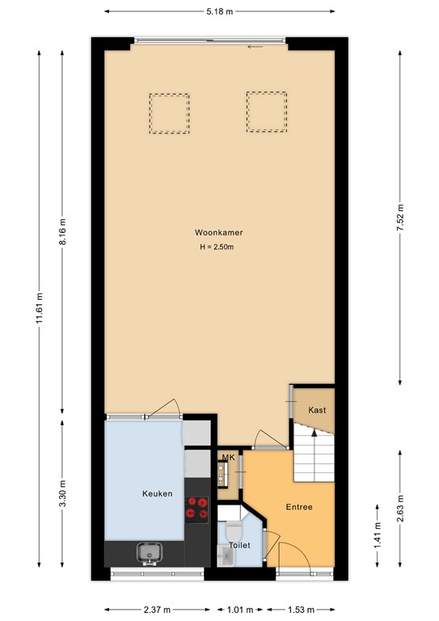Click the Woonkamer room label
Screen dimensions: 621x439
tap(218, 232)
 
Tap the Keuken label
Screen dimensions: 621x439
tap(157, 493)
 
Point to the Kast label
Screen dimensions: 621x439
tap(317, 410)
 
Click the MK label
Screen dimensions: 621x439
tap(228, 458)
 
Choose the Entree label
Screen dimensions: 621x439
tap(299, 507)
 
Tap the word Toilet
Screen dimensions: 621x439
tap(239, 545)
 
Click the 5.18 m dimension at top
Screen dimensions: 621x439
tap(219, 12)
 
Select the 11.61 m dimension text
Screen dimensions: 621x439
tap(37, 307)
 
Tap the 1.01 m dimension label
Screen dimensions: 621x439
tap(240, 610)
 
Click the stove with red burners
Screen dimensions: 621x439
tap(197, 507)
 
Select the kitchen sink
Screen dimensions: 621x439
tap(149, 552)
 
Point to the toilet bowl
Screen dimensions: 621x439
tap(234, 532)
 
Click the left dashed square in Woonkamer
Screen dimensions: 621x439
tap(169, 113)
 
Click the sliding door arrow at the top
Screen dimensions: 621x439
tap(255, 46)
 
